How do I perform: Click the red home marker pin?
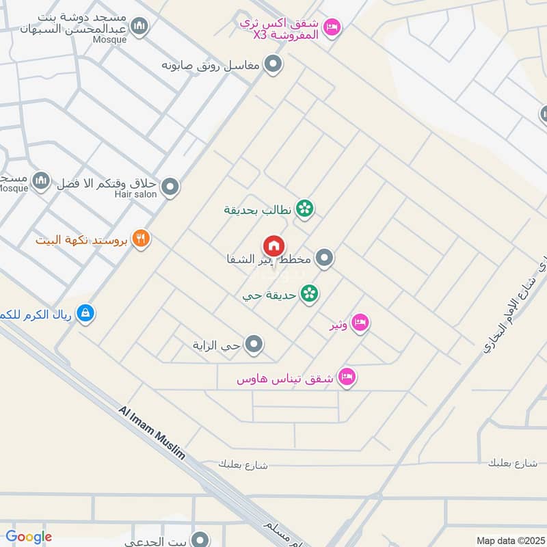click(x=273, y=246)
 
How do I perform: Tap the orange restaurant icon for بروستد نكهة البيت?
click(x=142, y=239)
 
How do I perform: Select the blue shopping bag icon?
click(x=85, y=313)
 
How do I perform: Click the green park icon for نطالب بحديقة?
click(x=305, y=209)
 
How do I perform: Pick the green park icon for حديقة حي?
click(x=309, y=294)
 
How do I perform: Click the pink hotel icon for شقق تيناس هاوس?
click(x=347, y=377)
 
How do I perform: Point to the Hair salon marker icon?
click(x=170, y=186)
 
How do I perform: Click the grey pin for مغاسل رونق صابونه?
click(x=274, y=66)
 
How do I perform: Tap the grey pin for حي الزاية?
click(x=254, y=345)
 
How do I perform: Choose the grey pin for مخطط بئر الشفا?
click(x=325, y=258)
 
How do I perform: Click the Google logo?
click(x=29, y=537)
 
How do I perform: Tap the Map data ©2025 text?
click(x=509, y=540)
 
